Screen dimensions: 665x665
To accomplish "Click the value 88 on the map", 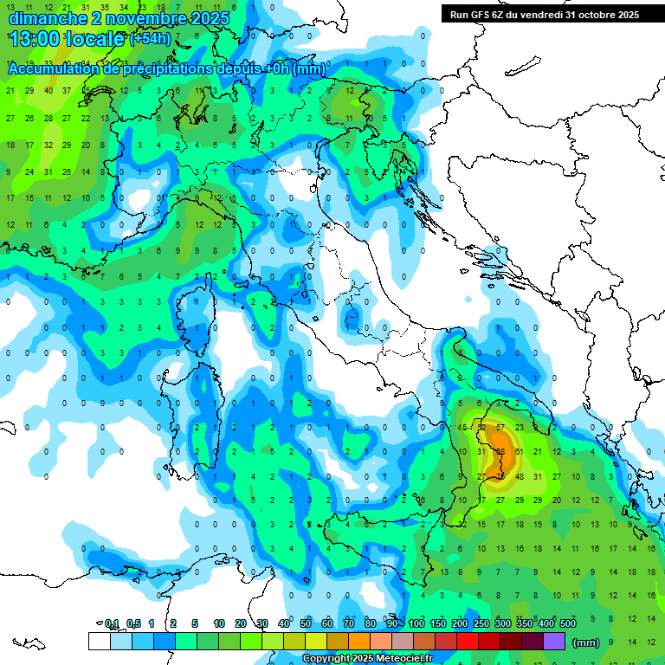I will coord(500,451).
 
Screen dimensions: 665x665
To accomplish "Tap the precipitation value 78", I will coord(500,475).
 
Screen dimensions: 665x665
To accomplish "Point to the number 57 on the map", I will coord(500,428).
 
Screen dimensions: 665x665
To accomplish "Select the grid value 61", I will coord(519,451).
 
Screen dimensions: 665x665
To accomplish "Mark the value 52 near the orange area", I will coord(482,428).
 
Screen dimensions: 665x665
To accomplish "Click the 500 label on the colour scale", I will coord(568,623).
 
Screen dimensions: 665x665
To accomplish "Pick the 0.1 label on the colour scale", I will coord(112,623).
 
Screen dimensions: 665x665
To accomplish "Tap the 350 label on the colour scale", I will coord(525,623).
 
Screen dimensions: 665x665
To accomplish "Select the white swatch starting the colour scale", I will coord(99,641).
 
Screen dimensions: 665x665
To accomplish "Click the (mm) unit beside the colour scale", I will coord(586,642).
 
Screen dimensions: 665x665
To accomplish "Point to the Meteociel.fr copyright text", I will coord(367,659).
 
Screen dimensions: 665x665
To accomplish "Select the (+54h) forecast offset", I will coord(150,39).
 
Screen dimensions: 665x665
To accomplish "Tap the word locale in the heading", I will coord(96,39).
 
